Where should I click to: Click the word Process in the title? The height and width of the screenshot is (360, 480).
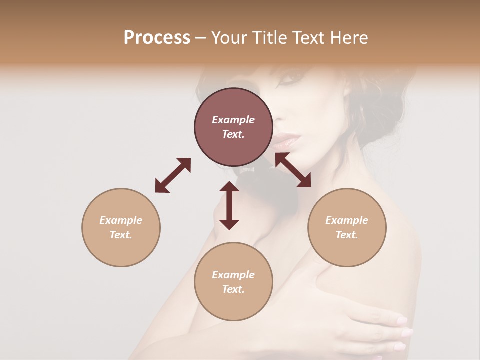click(157, 38)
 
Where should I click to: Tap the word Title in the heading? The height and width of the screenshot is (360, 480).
click(267, 38)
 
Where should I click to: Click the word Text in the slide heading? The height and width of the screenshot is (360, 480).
click(308, 38)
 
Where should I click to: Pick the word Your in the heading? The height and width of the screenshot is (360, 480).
click(229, 38)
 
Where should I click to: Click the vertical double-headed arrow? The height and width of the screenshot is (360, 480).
click(229, 205)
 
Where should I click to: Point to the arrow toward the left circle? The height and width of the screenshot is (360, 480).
click(173, 175)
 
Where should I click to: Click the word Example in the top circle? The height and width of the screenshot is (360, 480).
click(233, 120)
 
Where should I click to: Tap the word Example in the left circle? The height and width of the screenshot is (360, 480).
click(121, 220)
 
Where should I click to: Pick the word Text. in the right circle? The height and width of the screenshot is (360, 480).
click(347, 235)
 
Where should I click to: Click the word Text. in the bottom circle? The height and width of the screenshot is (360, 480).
click(233, 289)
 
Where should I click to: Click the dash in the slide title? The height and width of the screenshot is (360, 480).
click(201, 38)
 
